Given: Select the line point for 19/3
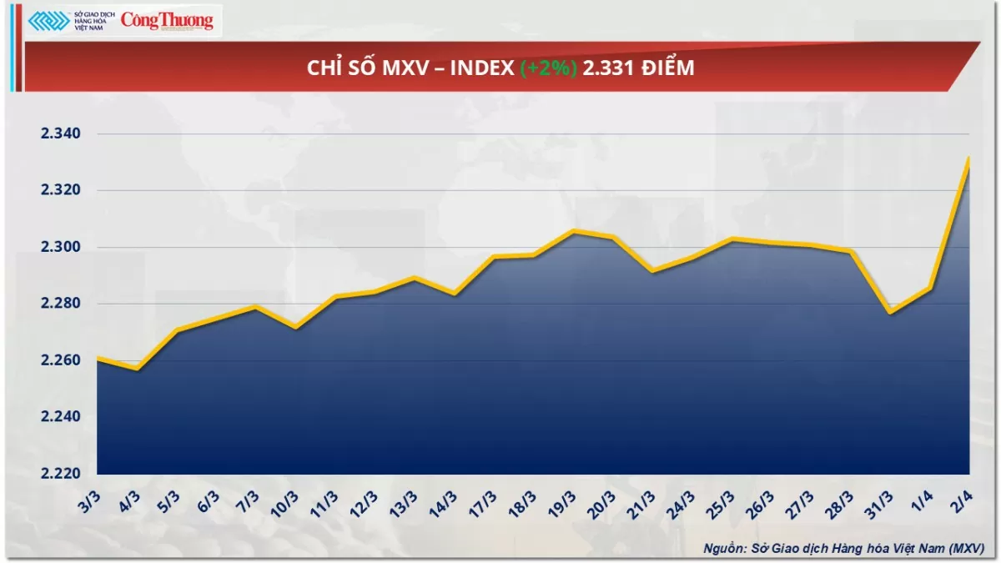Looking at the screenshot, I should (x=572, y=230).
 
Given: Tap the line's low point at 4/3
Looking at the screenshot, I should (x=137, y=369).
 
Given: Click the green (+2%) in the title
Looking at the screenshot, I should (x=548, y=68).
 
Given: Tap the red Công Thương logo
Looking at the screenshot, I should (x=167, y=20).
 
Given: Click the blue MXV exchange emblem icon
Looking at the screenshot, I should (x=48, y=21).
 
